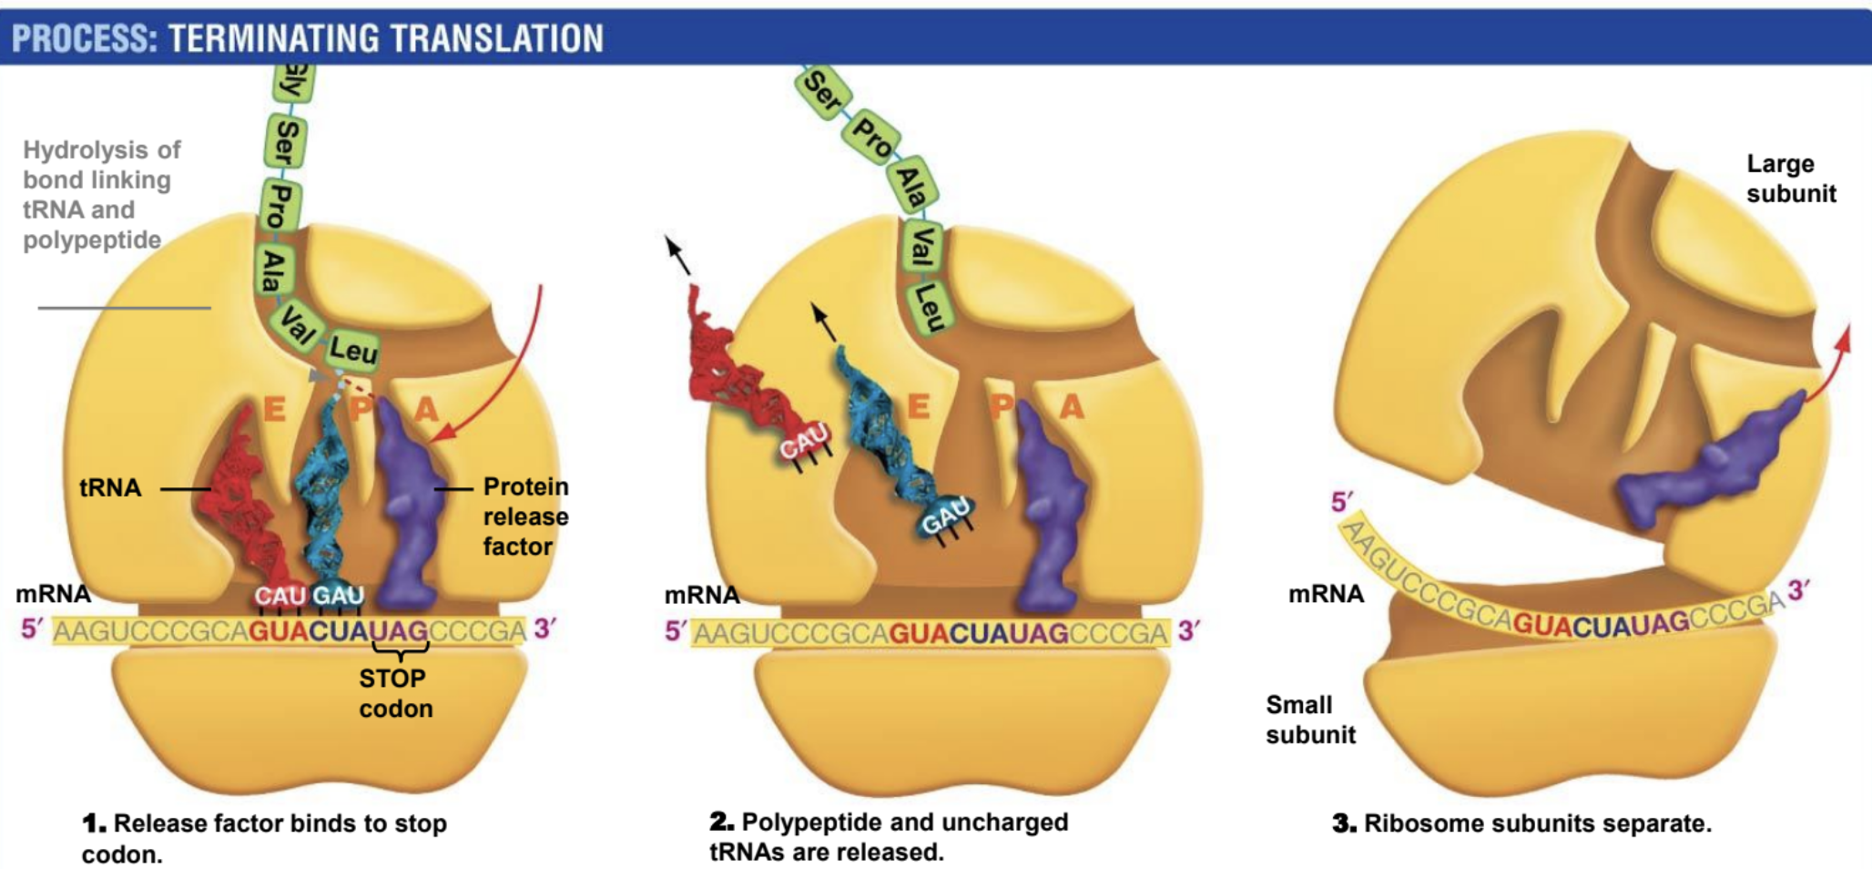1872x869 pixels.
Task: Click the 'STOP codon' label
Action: (x=395, y=693)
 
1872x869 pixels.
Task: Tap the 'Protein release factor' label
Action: (x=525, y=516)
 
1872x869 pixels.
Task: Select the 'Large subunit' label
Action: (x=1790, y=179)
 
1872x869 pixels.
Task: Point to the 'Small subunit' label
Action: (x=1310, y=720)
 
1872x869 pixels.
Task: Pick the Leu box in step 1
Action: (x=353, y=350)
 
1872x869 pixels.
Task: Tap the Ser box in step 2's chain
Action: (x=824, y=92)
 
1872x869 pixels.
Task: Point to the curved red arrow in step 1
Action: (x=510, y=373)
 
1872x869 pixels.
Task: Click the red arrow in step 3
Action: (x=1830, y=364)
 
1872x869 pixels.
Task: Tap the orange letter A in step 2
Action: (x=1072, y=407)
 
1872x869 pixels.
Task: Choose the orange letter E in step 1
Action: (x=273, y=409)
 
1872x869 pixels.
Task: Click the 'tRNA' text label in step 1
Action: (x=110, y=488)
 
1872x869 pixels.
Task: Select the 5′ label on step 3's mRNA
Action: (x=1341, y=502)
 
